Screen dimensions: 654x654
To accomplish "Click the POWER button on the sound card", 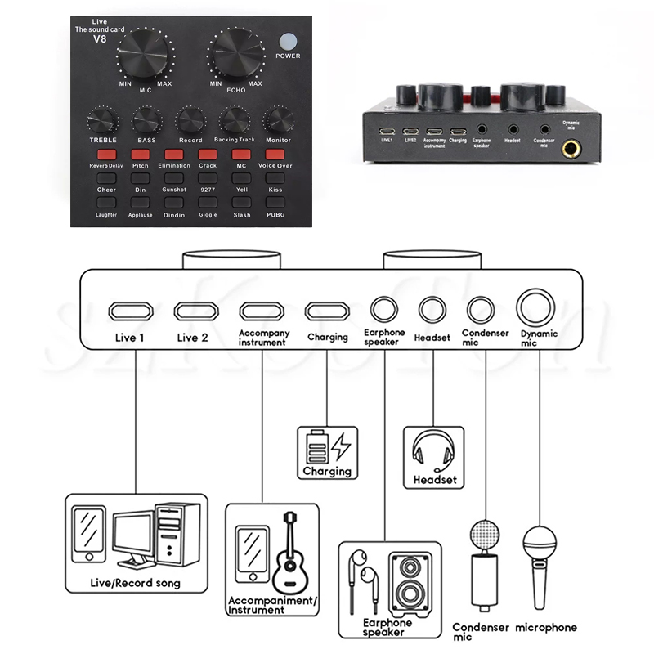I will tap(287, 42).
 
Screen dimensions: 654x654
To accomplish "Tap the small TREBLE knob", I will tap(103, 121).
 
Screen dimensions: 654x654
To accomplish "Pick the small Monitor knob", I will tap(277, 121).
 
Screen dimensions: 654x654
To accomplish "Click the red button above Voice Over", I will tap(275, 154).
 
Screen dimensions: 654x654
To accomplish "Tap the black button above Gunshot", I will tap(173, 177).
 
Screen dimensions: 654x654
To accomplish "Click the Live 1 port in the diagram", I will tap(132, 311).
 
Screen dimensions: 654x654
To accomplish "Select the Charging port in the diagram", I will tap(326, 311).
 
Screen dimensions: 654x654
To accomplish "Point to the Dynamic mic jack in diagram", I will tap(538, 308).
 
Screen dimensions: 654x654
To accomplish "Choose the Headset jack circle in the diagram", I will tap(432, 310).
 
